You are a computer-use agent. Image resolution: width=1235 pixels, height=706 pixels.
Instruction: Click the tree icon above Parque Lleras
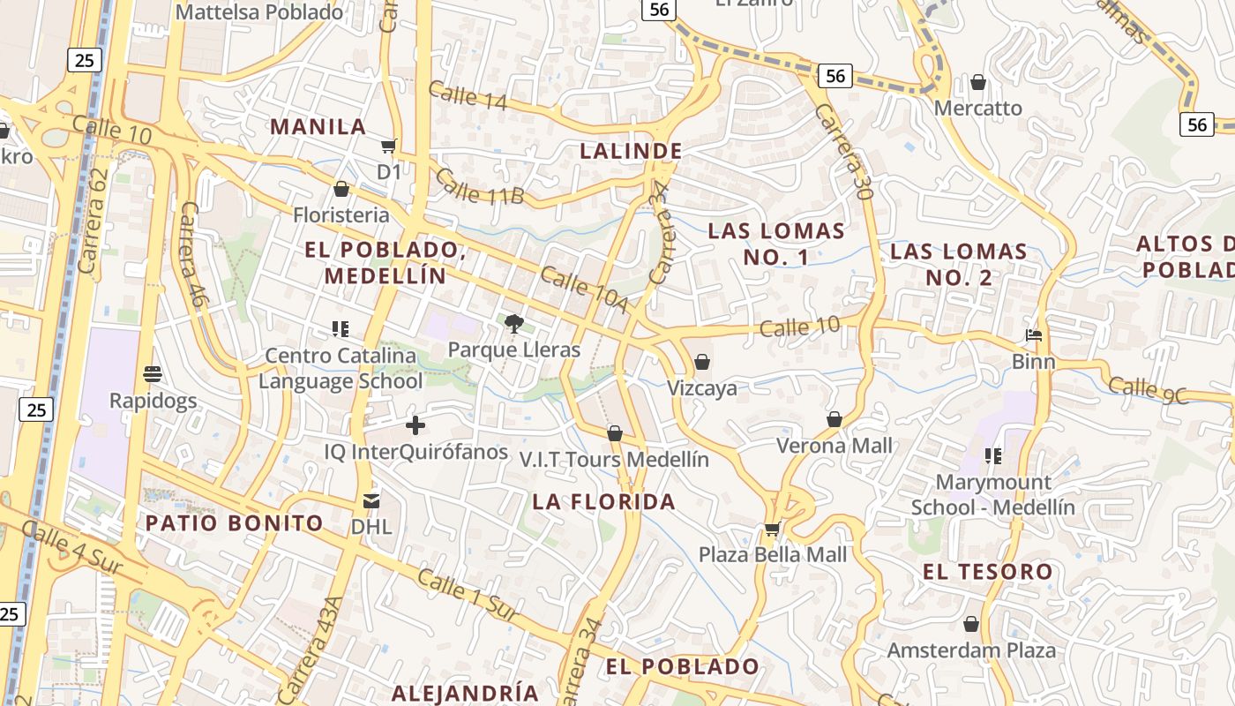pyautogui.click(x=514, y=325)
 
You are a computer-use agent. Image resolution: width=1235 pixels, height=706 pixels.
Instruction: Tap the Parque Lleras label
pyautogui.click(x=514, y=349)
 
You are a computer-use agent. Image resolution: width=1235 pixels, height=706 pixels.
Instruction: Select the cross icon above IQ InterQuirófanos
pyautogui.click(x=415, y=426)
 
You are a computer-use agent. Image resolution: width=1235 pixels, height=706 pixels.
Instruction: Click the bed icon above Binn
pyautogui.click(x=1034, y=335)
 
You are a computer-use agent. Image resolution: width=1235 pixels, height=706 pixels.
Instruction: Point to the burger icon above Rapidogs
pyautogui.click(x=153, y=374)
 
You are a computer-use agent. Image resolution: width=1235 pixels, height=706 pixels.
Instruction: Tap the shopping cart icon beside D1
pyautogui.click(x=389, y=146)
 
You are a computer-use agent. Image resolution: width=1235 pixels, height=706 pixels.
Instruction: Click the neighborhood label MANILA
pyautogui.click(x=318, y=126)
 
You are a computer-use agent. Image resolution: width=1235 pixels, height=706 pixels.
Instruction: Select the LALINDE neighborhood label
pyautogui.click(x=631, y=151)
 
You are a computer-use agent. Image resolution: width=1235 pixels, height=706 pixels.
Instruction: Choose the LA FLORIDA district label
pyautogui.click(x=603, y=501)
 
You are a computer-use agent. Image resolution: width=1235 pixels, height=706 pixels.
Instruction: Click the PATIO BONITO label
pyautogui.click(x=235, y=522)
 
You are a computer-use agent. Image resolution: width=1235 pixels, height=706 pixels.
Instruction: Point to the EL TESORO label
pyautogui.click(x=988, y=571)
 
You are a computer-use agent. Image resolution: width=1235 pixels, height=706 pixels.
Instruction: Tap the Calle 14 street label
pyautogui.click(x=468, y=96)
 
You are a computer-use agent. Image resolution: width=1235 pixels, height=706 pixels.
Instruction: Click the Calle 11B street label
pyautogui.click(x=479, y=187)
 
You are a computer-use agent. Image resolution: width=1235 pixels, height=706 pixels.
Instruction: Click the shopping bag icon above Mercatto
pyautogui.click(x=977, y=83)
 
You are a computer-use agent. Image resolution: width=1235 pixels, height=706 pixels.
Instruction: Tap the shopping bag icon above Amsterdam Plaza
pyautogui.click(x=971, y=625)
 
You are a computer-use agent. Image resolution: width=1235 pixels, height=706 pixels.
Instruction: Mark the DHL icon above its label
pyautogui.click(x=371, y=501)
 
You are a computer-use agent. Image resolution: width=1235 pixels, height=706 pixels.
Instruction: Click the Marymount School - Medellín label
pyautogui.click(x=993, y=495)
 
